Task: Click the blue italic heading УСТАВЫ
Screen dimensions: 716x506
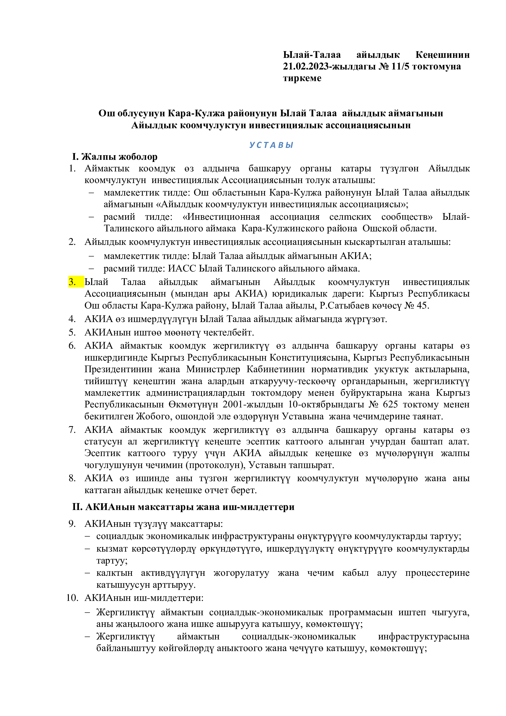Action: [x=271, y=145]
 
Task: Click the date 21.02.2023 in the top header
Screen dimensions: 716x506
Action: [x=305, y=66]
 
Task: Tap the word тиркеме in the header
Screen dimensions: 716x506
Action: [x=302, y=78]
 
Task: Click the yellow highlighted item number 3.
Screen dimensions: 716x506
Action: [x=72, y=282]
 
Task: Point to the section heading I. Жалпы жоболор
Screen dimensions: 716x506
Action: [x=115, y=156]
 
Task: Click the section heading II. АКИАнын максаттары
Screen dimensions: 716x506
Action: [x=183, y=507]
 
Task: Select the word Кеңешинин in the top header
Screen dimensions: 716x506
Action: [x=442, y=55]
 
